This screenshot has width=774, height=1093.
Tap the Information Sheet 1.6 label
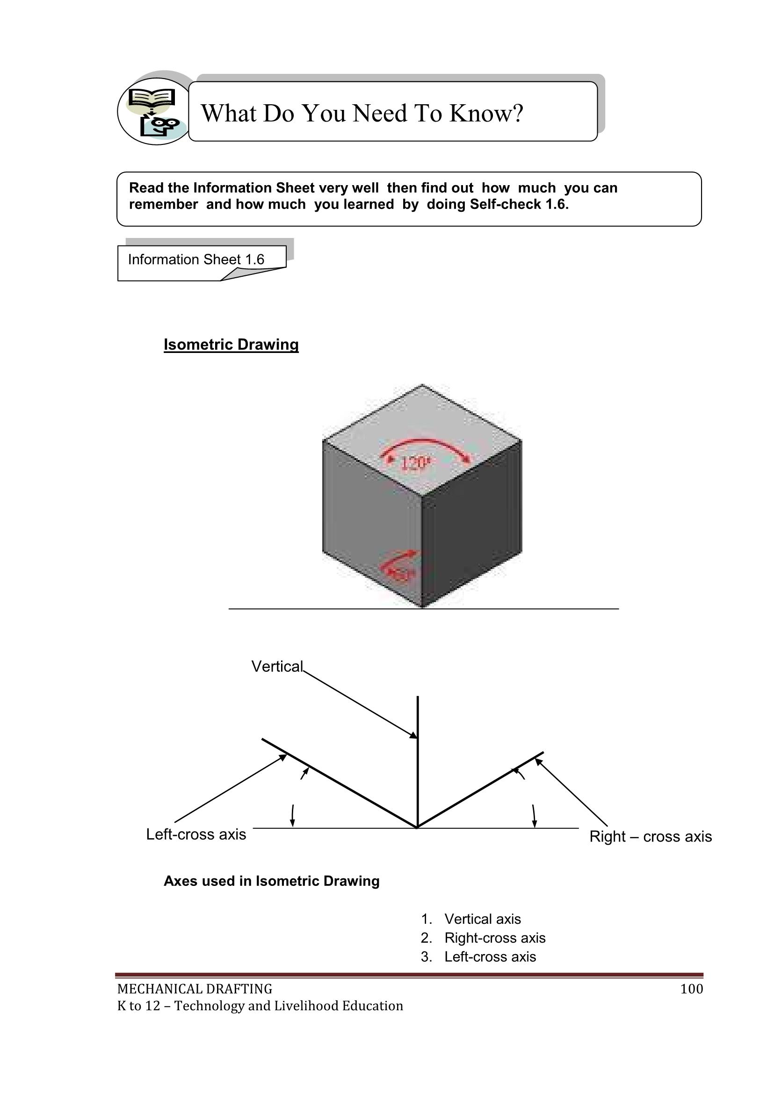point(196,259)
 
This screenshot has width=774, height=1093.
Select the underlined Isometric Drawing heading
point(231,345)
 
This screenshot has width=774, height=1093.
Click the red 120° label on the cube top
point(416,463)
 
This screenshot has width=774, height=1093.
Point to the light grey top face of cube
point(422,419)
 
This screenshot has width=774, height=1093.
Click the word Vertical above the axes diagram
point(277,667)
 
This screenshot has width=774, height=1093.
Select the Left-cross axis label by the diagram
point(196,834)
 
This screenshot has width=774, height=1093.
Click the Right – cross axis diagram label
point(650,836)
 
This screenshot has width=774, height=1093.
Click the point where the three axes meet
point(418,827)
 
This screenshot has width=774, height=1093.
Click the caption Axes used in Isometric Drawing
point(272,881)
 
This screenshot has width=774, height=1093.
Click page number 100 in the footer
point(692,989)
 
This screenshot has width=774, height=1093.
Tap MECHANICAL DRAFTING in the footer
point(195,989)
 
